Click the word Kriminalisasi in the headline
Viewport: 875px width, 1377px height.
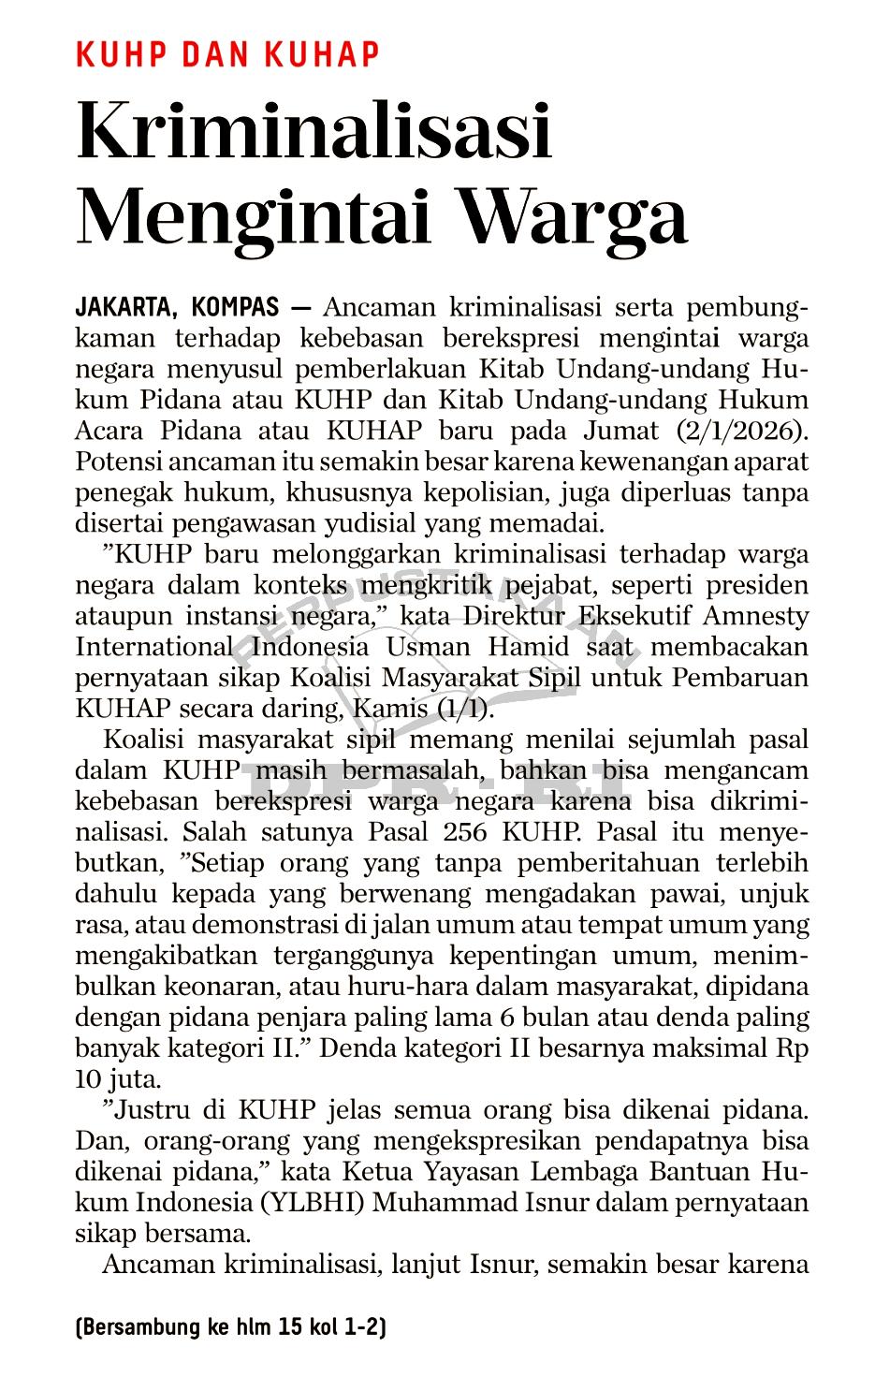coord(314,131)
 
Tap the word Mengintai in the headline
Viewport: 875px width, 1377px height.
coord(255,217)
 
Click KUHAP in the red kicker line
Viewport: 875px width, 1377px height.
coord(322,55)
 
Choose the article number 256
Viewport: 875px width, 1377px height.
coord(464,832)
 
